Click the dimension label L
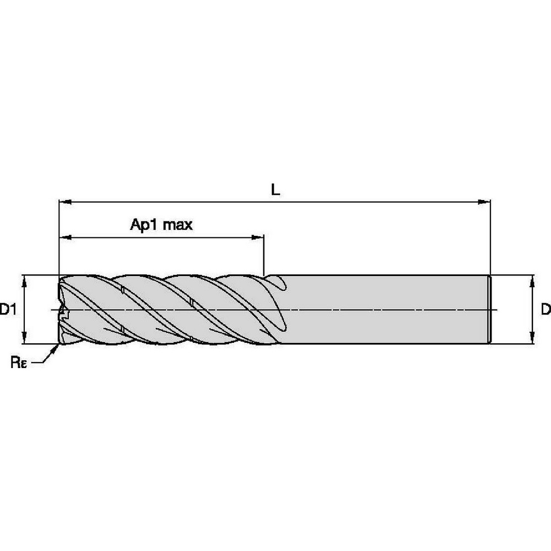(275, 190)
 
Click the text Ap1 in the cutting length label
(143, 225)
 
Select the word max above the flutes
(177, 225)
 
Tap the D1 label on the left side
(7, 310)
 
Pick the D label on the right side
(545, 310)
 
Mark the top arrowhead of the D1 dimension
(24, 280)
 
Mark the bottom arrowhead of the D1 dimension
(24, 339)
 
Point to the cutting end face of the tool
(61, 310)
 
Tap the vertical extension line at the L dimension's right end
(490, 237)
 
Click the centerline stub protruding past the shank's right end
(495, 310)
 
